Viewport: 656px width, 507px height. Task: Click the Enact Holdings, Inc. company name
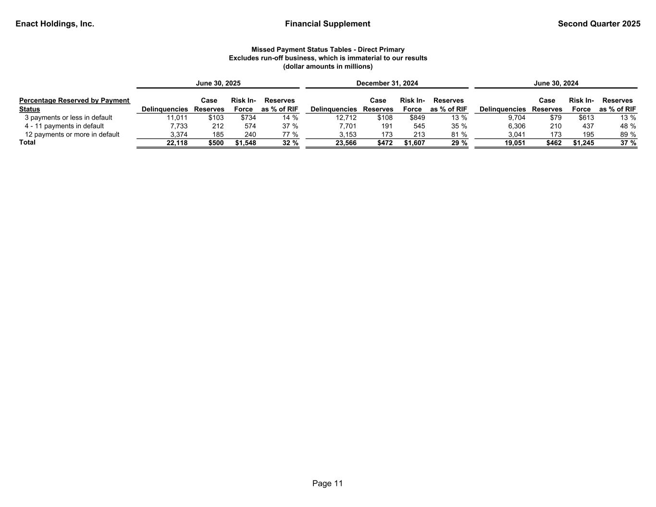pos(55,24)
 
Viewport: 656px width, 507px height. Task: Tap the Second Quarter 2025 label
pos(599,24)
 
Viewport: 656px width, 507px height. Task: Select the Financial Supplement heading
pos(327,24)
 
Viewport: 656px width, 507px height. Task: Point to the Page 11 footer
pos(327,483)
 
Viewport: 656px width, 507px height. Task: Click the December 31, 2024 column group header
pos(387,83)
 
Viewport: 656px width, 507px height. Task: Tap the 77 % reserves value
pos(290,135)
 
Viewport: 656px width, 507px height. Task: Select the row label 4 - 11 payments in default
pos(64,126)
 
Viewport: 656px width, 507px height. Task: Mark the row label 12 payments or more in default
pos(72,135)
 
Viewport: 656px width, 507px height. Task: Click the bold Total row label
pos(27,142)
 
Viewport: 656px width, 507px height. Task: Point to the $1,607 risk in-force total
pos(414,143)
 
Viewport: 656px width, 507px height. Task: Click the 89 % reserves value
pos(628,135)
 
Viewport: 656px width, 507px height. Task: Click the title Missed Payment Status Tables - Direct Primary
pos(328,49)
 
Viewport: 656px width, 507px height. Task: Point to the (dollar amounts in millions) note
pos(328,66)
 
